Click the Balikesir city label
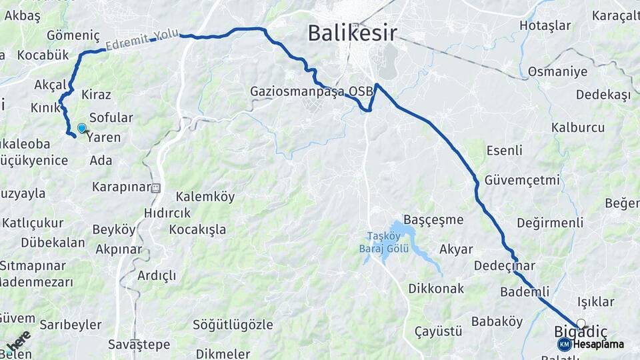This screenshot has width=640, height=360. (353, 33)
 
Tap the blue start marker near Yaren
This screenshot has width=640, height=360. (81, 127)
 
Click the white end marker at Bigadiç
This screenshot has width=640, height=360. (581, 323)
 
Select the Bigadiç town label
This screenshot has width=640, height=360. (581, 331)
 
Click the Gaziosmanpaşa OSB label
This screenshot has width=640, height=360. (307, 91)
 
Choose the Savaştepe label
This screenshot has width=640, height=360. (139, 345)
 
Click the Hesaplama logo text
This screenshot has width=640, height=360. (598, 345)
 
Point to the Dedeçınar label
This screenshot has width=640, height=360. (505, 265)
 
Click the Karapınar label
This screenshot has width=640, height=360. (121, 187)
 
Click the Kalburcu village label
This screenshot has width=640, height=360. (578, 127)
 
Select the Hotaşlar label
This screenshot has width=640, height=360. (545, 26)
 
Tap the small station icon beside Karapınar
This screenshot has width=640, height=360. (157, 188)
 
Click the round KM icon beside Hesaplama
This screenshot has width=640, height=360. (564, 344)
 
